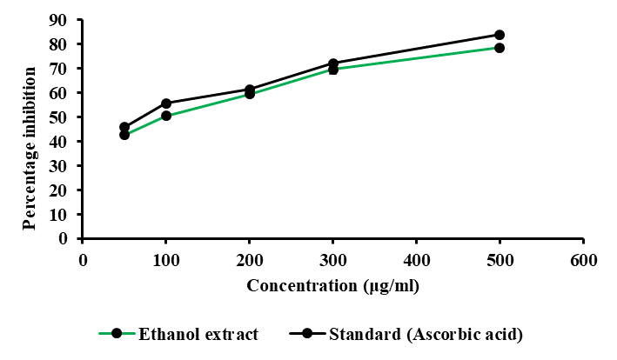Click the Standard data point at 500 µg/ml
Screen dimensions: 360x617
[500, 35]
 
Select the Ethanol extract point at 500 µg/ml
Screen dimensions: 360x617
[500, 48]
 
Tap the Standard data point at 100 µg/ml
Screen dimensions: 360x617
[166, 103]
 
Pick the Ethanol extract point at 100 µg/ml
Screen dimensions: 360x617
[166, 116]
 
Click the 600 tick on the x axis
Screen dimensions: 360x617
[583, 259]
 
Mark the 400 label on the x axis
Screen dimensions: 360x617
[416, 259]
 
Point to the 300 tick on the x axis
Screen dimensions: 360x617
[332, 259]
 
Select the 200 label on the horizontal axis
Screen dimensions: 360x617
[250, 259]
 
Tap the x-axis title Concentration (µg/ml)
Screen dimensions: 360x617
[333, 284]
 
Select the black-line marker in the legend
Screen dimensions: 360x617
[307, 334]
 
